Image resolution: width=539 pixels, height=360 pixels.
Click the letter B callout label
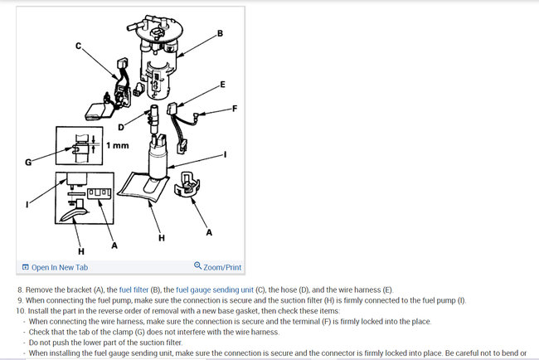coord(220,33)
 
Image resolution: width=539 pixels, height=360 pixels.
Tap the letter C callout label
coord(79,46)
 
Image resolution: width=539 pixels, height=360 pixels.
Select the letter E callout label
coord(222,85)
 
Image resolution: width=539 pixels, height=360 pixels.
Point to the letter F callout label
coord(235,109)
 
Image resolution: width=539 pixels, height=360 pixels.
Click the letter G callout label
coord(28,162)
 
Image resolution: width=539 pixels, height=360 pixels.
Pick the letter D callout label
coord(121,128)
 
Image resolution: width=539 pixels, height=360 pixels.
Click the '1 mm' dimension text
coord(118,145)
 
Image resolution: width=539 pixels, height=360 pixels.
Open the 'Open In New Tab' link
coord(55,267)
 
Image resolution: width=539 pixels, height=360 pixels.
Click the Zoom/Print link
coord(218,267)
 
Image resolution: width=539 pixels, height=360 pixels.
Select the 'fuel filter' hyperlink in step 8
coord(134,289)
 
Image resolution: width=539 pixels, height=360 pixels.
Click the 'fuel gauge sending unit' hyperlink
coord(215,289)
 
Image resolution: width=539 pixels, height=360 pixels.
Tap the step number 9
coord(20,300)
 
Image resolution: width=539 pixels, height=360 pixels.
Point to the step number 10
coord(21,311)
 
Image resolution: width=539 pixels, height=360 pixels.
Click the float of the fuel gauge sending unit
coord(97,112)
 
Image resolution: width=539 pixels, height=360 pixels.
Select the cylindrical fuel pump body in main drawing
coord(158,159)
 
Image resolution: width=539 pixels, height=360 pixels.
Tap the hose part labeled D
coord(153,119)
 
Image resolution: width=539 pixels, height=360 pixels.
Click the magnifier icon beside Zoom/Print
coord(197,265)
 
